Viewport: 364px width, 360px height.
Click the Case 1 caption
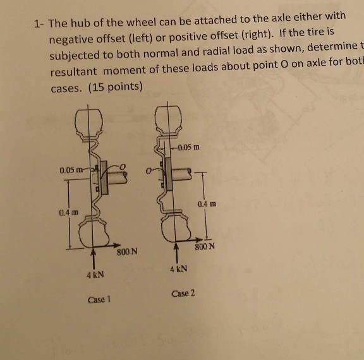click(x=100, y=300)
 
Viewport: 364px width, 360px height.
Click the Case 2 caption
click(x=184, y=294)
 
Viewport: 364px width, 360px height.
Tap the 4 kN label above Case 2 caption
click(x=178, y=269)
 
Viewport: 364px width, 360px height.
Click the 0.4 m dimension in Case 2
click(x=207, y=205)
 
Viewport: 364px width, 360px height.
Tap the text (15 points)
click(x=118, y=87)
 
